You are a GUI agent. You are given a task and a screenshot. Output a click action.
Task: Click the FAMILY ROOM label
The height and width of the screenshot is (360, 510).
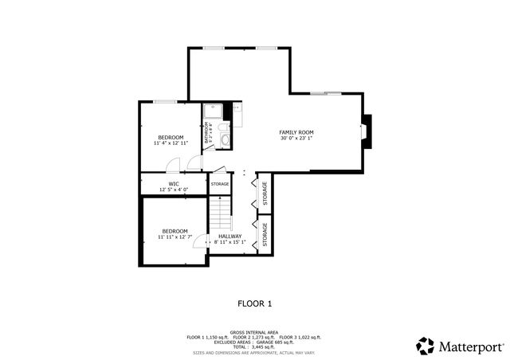tap(296, 131)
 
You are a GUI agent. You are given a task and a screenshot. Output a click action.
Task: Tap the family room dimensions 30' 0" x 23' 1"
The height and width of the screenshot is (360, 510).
tap(296, 138)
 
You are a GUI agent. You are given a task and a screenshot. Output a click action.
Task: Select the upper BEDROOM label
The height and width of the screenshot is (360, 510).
tap(171, 137)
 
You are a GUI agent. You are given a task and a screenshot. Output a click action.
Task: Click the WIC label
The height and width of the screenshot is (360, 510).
tap(173, 183)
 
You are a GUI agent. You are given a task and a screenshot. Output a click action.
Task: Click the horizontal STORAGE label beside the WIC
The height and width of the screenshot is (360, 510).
tap(220, 184)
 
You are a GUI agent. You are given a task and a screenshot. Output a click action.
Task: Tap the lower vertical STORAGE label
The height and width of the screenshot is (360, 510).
tap(265, 233)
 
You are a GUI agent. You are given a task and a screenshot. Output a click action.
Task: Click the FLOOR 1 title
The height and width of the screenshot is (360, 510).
tap(255, 303)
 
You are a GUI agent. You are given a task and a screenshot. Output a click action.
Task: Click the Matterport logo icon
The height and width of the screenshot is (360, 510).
tap(426, 346)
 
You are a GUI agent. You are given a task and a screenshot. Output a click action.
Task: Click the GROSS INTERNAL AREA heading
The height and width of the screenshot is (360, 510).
tap(254, 331)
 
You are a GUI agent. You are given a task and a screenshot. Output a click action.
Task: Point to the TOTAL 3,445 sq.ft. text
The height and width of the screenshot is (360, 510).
tap(254, 347)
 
